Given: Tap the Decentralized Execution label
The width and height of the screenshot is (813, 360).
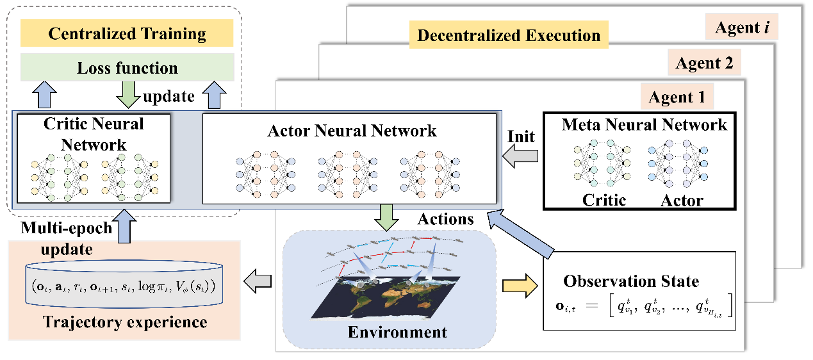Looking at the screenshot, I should click(x=509, y=35).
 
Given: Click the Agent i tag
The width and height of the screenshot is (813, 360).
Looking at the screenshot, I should click(x=742, y=29).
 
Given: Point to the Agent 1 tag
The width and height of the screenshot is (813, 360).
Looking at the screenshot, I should click(x=677, y=97).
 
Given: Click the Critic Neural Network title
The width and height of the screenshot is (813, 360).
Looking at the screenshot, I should click(x=94, y=134).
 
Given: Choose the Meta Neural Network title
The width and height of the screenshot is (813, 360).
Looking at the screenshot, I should click(x=644, y=124).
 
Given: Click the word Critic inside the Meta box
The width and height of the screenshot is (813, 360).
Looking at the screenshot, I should click(x=604, y=200).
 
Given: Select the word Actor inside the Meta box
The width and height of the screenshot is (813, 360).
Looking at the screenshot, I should click(x=682, y=200).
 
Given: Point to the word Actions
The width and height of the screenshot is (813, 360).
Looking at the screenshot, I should click(x=445, y=219).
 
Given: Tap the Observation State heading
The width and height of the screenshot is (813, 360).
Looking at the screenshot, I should click(x=631, y=281).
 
